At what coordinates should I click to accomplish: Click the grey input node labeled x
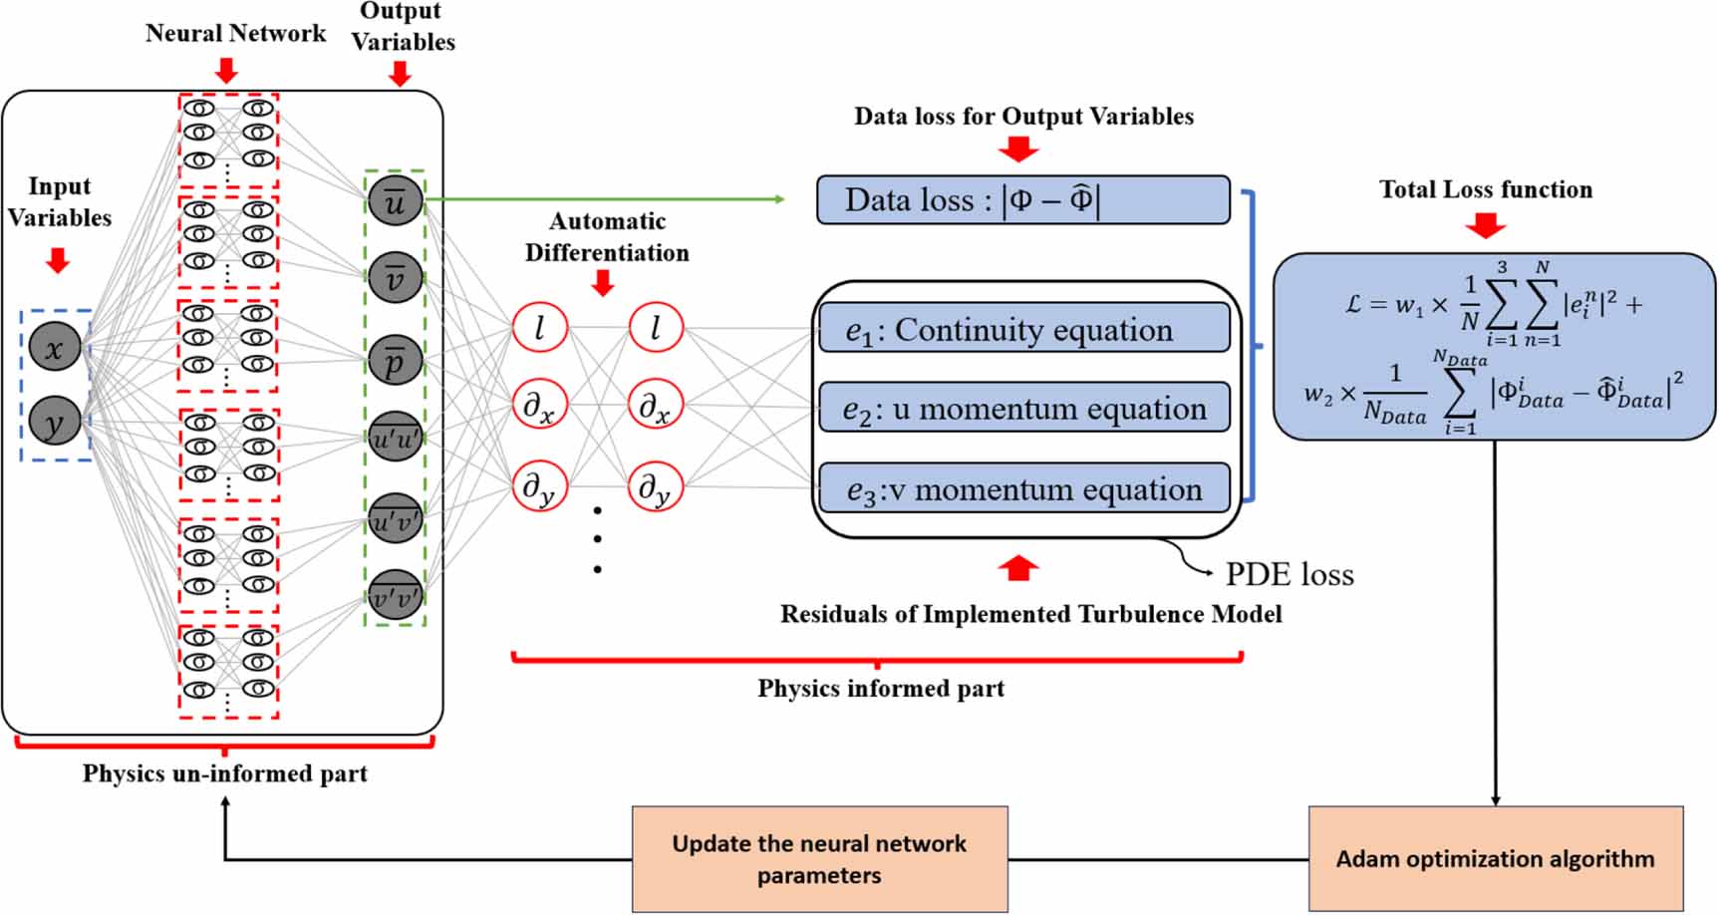pyautogui.click(x=55, y=347)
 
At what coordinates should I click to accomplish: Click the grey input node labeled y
pyautogui.click(x=55, y=423)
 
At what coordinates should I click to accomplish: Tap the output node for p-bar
pyautogui.click(x=396, y=361)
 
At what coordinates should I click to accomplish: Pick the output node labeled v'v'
pyautogui.click(x=396, y=598)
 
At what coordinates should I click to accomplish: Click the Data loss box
pyautogui.click(x=1022, y=200)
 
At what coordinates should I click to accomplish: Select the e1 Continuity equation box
pyautogui.click(x=1023, y=329)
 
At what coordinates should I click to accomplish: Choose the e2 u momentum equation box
pyautogui.click(x=1023, y=408)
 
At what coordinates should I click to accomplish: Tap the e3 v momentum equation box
pyautogui.click(x=1023, y=488)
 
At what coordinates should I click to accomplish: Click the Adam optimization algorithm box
pyautogui.click(x=1495, y=858)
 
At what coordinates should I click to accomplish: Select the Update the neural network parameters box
pyautogui.click(x=819, y=859)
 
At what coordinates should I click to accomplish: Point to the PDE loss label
pyautogui.click(x=1289, y=575)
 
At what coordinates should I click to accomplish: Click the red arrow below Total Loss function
pyautogui.click(x=1485, y=226)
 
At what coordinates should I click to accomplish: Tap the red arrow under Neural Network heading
pyautogui.click(x=226, y=70)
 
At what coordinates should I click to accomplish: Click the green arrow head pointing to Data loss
pyautogui.click(x=779, y=199)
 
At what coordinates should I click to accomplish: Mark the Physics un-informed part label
pyautogui.click(x=224, y=773)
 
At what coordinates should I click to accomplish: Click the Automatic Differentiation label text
pyautogui.click(x=607, y=237)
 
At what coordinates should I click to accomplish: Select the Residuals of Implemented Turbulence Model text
pyautogui.click(x=1030, y=614)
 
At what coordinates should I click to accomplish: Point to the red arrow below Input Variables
pyautogui.click(x=58, y=260)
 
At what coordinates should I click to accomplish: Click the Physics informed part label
pyautogui.click(x=881, y=689)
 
